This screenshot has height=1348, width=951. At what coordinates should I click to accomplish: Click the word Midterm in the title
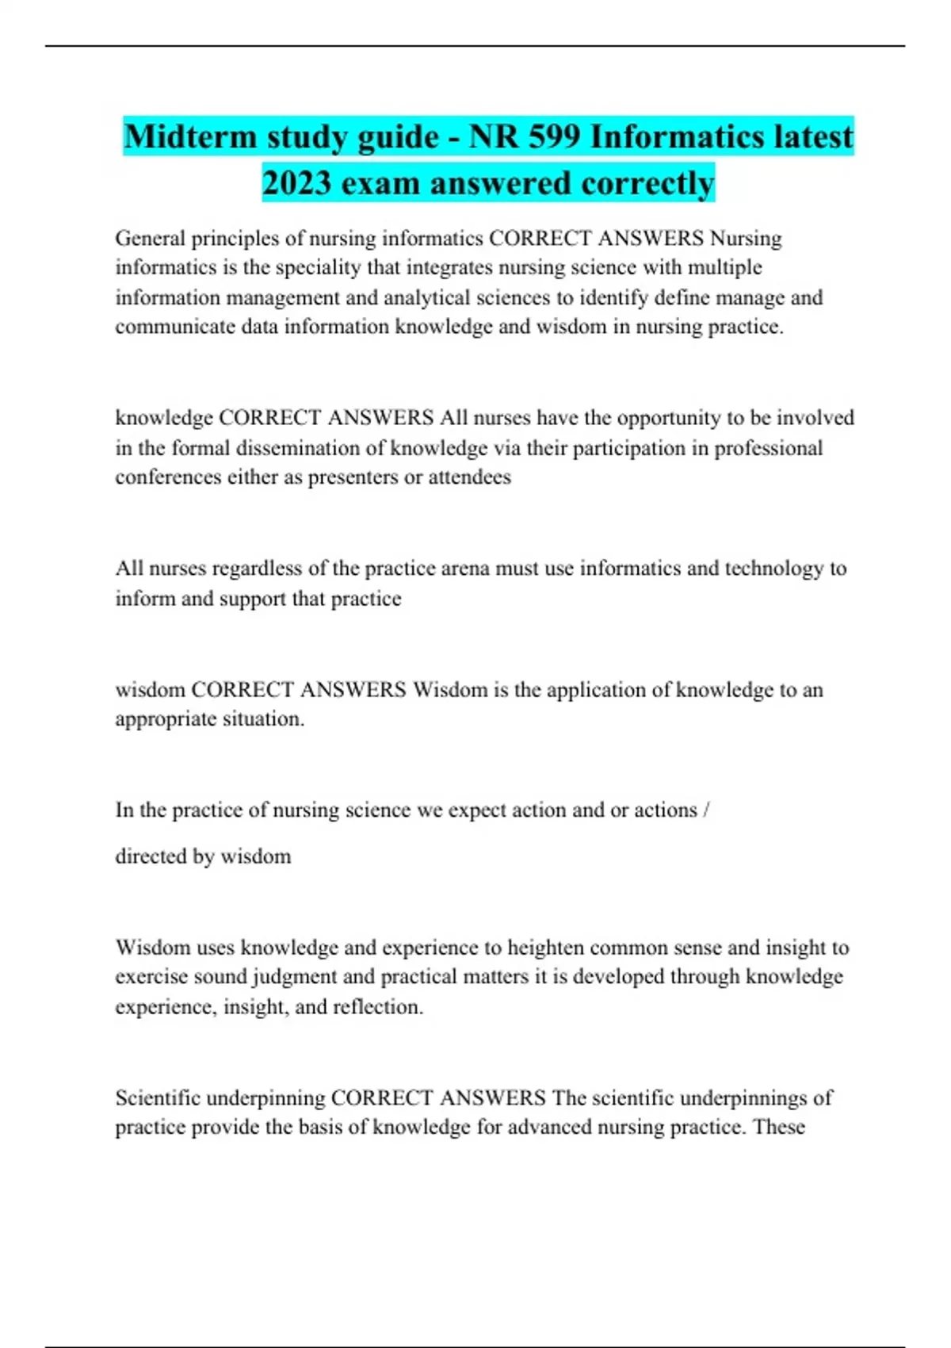(x=190, y=136)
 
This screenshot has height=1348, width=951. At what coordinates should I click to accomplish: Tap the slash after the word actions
(x=706, y=810)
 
